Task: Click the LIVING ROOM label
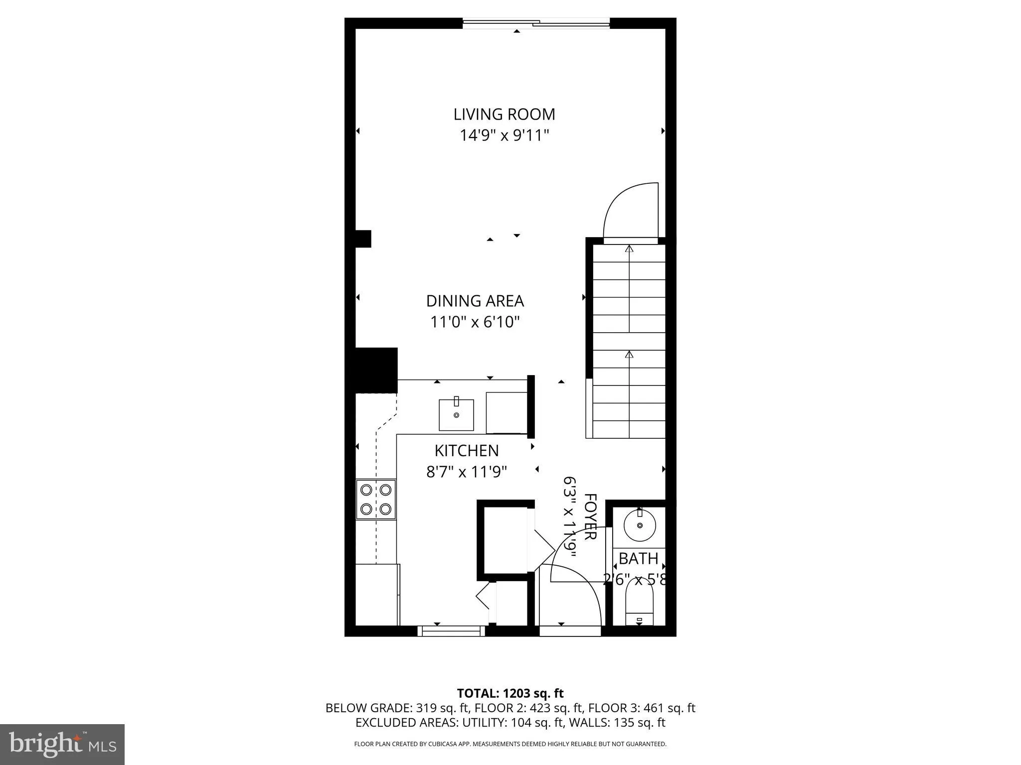click(504, 115)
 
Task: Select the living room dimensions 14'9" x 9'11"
click(504, 135)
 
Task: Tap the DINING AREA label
click(475, 301)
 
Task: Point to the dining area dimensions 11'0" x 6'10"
click(475, 322)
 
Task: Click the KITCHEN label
click(466, 451)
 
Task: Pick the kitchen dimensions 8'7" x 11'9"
click(466, 472)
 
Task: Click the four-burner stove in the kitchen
click(376, 500)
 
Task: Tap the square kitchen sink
click(456, 414)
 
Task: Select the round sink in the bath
click(640, 525)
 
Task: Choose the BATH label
click(639, 559)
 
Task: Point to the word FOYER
click(590, 516)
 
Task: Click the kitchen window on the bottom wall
click(451, 631)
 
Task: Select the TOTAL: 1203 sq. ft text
click(510, 693)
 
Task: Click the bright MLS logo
click(62, 744)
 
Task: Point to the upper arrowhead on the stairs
click(629, 248)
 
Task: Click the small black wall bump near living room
click(363, 239)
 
